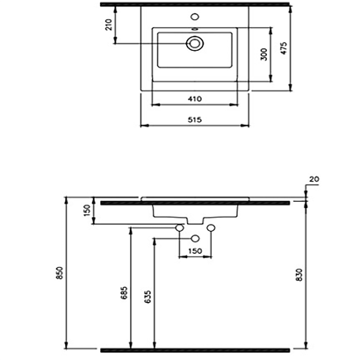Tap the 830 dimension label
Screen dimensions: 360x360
[299, 274]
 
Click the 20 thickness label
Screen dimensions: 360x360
[314, 180]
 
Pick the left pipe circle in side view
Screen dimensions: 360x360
[179, 228]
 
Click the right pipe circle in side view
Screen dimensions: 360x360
[210, 228]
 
